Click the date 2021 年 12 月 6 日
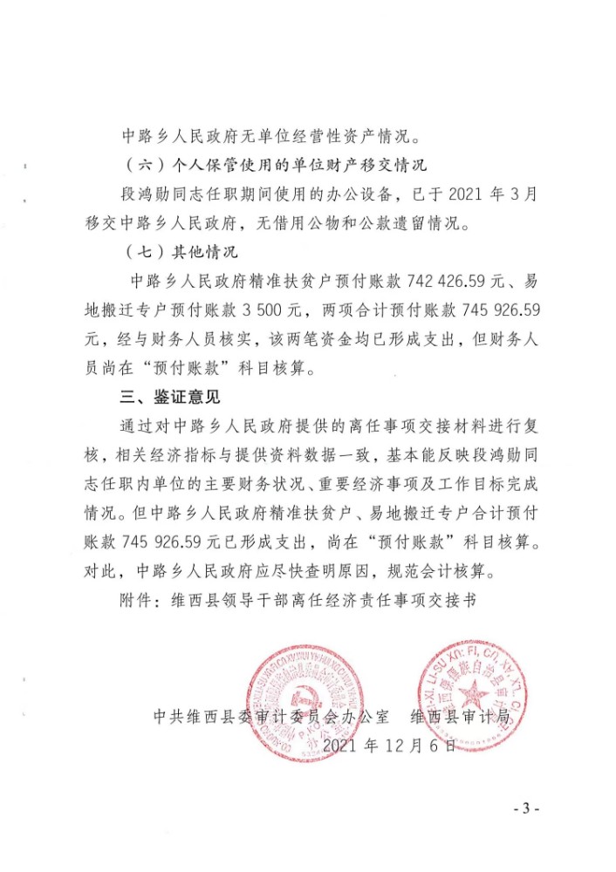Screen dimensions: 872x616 pyautogui.click(x=389, y=746)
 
